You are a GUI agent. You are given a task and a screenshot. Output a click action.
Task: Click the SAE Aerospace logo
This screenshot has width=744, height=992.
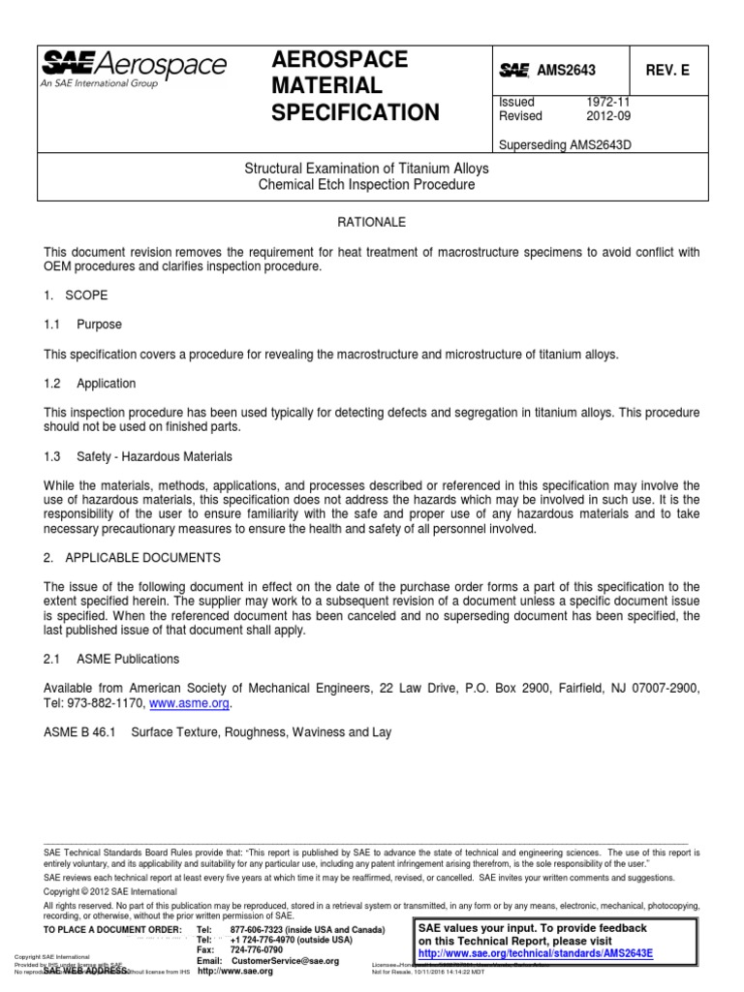point(134,68)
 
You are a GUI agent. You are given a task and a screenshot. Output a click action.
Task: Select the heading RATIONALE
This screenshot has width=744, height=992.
point(372,221)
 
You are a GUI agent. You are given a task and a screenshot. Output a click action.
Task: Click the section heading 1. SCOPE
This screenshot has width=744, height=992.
point(76,294)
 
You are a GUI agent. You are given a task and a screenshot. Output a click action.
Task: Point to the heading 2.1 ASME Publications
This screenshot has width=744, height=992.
point(111,659)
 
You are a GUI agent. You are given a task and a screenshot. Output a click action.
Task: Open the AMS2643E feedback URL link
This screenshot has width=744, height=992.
point(536,953)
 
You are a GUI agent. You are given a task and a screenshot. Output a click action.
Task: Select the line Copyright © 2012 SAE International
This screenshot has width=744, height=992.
point(109,890)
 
